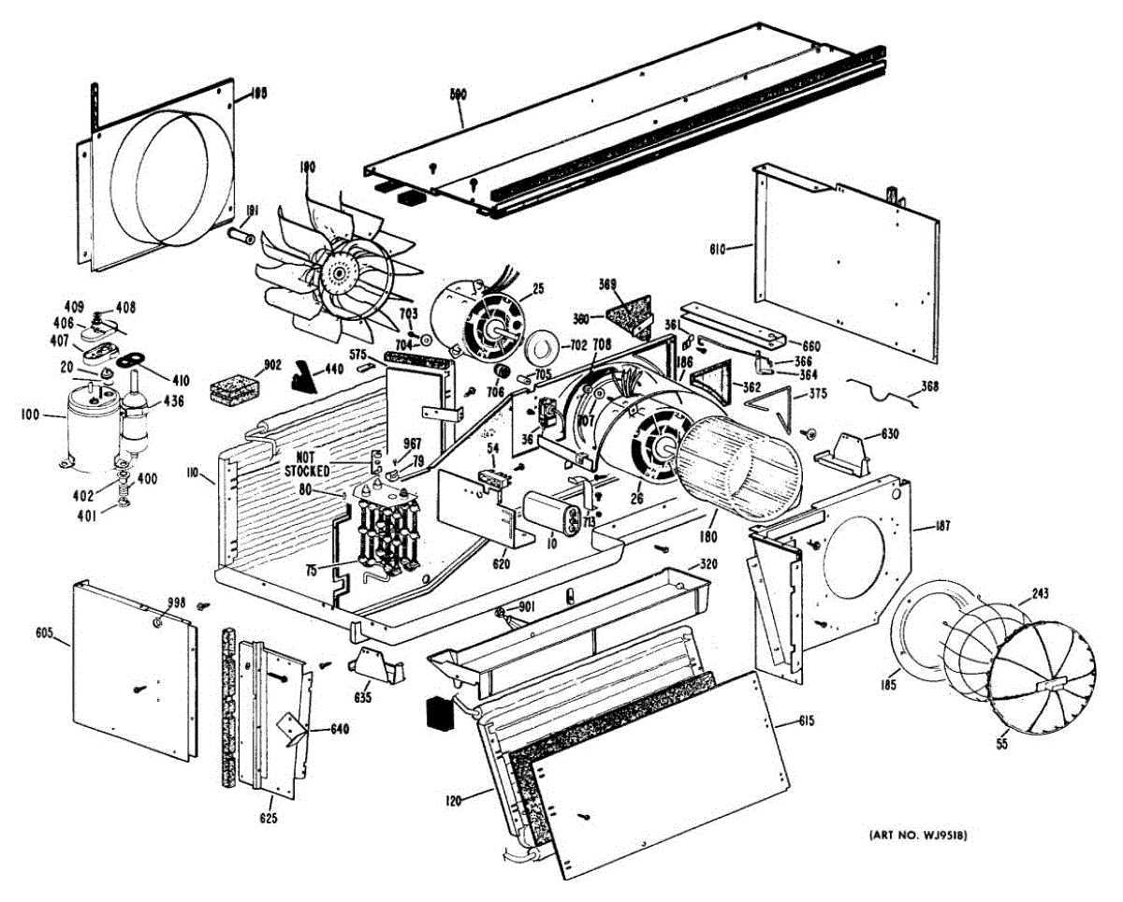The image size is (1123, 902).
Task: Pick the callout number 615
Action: coord(807,721)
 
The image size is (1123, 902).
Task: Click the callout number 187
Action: coord(941,527)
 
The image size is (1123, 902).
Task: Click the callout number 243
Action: coord(1039,593)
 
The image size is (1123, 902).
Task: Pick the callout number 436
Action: coord(174,401)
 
